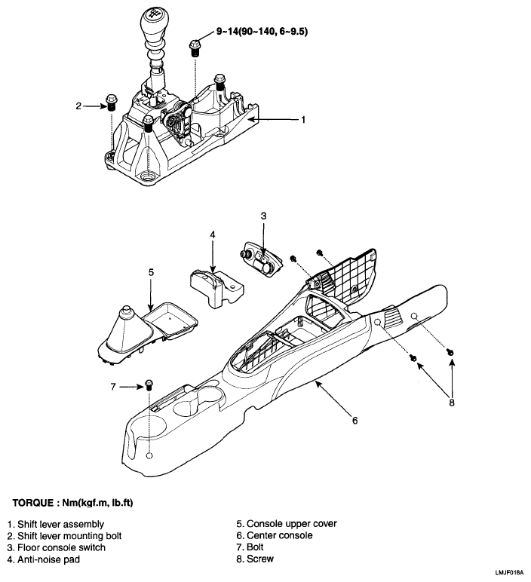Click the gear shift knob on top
155,18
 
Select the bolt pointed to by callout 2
112,102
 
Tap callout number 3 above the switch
262,216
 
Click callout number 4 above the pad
213,235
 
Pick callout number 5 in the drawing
151,270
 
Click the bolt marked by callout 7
149,384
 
